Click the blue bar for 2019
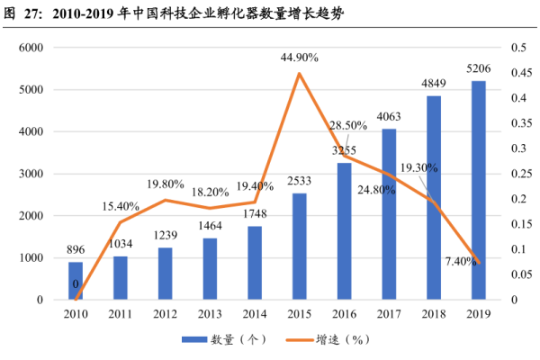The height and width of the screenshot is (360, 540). click(x=479, y=190)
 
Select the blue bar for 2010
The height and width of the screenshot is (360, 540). click(x=75, y=281)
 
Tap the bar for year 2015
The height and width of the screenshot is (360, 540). click(x=300, y=246)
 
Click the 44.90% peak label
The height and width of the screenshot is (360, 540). click(x=300, y=58)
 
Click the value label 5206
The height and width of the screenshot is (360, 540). click(x=479, y=68)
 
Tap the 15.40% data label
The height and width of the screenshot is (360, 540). click(x=121, y=207)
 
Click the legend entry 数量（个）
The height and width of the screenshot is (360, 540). click(x=219, y=340)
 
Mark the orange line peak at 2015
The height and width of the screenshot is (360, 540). click(x=300, y=73)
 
